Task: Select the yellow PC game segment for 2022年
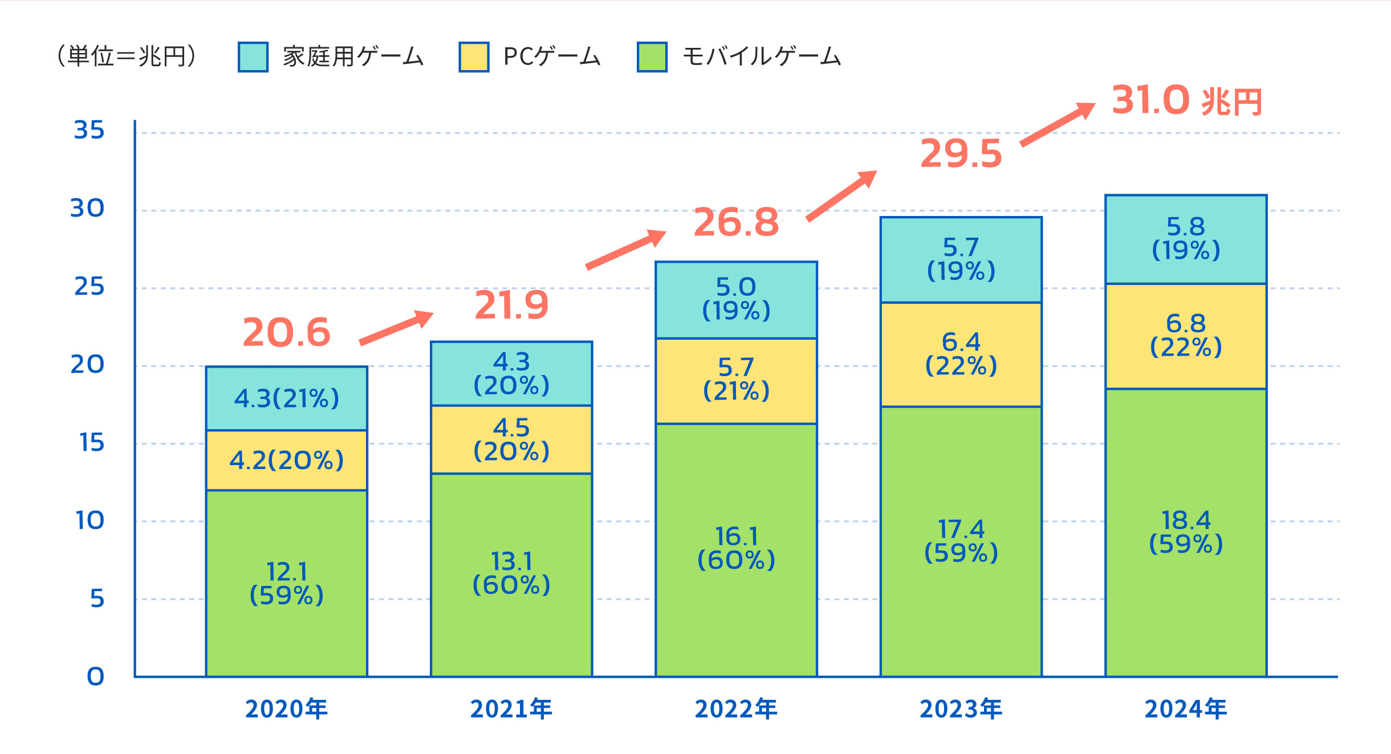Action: [736, 381]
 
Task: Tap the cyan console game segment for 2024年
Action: [1186, 239]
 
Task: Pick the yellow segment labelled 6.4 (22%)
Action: [961, 354]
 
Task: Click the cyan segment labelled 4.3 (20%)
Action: [511, 373]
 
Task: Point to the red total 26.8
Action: [736, 222]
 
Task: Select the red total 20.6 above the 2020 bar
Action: [286, 333]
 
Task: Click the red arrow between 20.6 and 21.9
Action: [396, 328]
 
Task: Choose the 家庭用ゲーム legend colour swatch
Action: [253, 57]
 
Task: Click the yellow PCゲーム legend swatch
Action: [474, 57]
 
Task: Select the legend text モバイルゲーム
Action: [762, 57]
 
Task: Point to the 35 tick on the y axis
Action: [90, 131]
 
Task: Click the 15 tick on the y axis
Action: [92, 443]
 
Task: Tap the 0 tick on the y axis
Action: [95, 676]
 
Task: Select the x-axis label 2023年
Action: [961, 710]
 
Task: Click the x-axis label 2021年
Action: [511, 710]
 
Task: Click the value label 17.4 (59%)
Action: [961, 541]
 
